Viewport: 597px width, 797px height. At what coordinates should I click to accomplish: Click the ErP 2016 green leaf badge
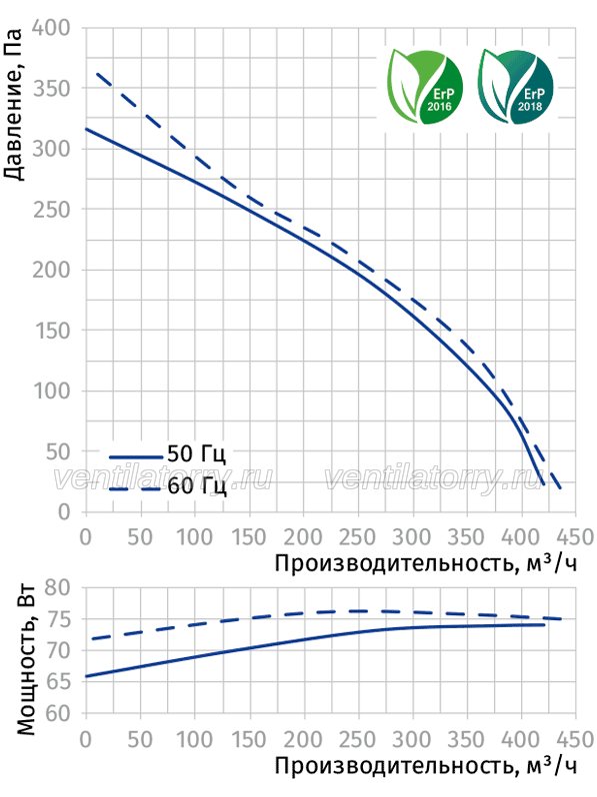pos(425,87)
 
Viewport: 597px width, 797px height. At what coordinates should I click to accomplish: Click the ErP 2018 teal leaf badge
pos(515,87)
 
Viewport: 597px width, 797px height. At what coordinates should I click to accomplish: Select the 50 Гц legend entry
pos(168,453)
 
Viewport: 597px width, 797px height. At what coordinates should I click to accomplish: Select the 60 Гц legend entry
pos(168,486)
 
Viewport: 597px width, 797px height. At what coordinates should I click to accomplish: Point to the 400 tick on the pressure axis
pos(51,27)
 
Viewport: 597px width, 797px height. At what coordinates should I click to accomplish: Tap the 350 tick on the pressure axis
pos(51,88)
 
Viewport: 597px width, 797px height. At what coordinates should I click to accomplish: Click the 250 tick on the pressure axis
pos(51,209)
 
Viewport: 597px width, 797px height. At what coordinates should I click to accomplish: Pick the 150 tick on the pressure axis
pos(52,331)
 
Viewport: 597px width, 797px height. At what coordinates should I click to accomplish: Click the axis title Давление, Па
pos(13,104)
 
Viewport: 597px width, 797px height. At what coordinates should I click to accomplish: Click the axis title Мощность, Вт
pos(26,660)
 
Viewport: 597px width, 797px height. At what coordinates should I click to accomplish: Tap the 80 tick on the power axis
pos(57,587)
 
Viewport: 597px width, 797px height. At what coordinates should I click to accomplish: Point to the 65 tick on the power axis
pos(57,681)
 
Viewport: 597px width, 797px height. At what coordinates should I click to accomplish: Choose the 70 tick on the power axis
pos(57,650)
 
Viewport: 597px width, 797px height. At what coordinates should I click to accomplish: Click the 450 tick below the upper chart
pos(576,537)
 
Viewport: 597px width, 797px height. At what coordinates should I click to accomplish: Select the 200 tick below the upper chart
pos(303,537)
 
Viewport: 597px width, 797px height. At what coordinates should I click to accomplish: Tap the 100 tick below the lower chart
pos(194,739)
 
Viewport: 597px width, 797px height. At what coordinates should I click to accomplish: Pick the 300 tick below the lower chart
pos(412,739)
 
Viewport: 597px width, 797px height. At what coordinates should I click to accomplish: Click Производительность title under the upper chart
pos(394,563)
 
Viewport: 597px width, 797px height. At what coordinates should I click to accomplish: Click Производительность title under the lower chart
pos(394,766)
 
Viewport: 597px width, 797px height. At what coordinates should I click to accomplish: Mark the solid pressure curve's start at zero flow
pos(86,129)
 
